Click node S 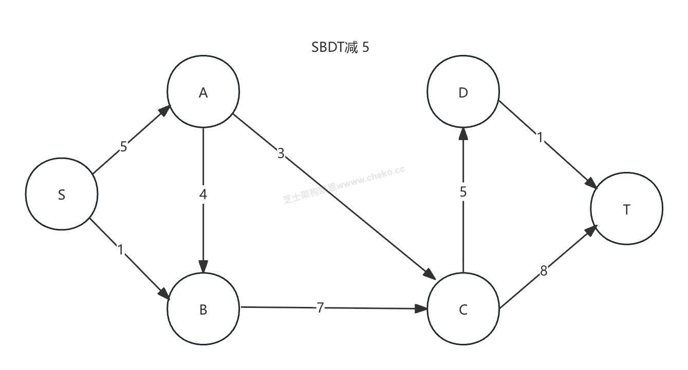point(62,195)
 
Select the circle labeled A point(203,92)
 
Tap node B point(203,309)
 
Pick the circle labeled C point(463,309)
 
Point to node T point(626,209)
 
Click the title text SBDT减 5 point(340,48)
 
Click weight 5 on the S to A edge point(123,147)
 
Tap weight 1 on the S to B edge point(121,250)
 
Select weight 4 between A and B point(203,195)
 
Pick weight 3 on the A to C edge point(281,153)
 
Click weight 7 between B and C point(320,308)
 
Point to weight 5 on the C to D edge point(463,192)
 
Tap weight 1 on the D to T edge point(540,138)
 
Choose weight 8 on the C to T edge point(544,271)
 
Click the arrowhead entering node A point(165,111)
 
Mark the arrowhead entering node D point(463,134)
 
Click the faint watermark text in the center point(343,184)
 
